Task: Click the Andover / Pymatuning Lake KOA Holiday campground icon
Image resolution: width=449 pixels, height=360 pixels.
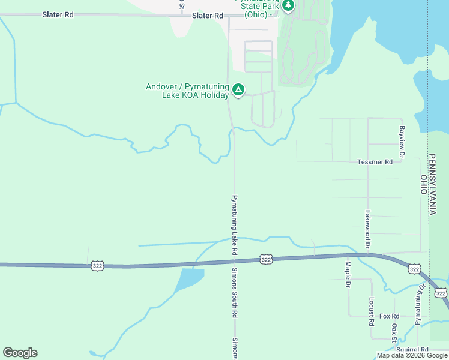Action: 238,90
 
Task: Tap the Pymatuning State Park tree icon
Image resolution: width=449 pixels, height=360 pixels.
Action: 288,5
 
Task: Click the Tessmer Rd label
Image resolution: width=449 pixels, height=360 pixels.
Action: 375,162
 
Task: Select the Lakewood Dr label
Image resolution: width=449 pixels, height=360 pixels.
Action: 367,227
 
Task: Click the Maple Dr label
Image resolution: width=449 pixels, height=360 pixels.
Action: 347,274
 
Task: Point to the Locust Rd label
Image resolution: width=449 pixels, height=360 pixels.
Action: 372,311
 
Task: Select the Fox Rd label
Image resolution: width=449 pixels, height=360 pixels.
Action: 389,316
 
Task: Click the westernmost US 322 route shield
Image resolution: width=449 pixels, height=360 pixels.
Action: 97,265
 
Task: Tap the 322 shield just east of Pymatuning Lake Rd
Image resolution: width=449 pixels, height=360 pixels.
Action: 267,259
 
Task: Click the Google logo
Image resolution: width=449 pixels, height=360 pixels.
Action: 20,353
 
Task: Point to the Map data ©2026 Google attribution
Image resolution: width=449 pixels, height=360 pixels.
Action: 412,355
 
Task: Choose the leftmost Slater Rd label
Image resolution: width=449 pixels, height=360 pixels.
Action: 58,14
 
